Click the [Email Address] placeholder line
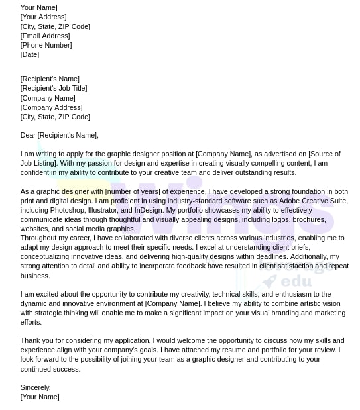(45, 36)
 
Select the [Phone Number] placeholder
(46, 45)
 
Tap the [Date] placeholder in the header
(30, 54)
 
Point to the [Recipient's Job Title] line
(54, 88)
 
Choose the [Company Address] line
(52, 107)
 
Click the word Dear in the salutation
(28, 135)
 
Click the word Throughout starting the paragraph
(39, 238)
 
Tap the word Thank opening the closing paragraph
(30, 340)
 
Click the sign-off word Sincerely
(35, 387)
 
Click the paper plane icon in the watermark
(269, 282)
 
